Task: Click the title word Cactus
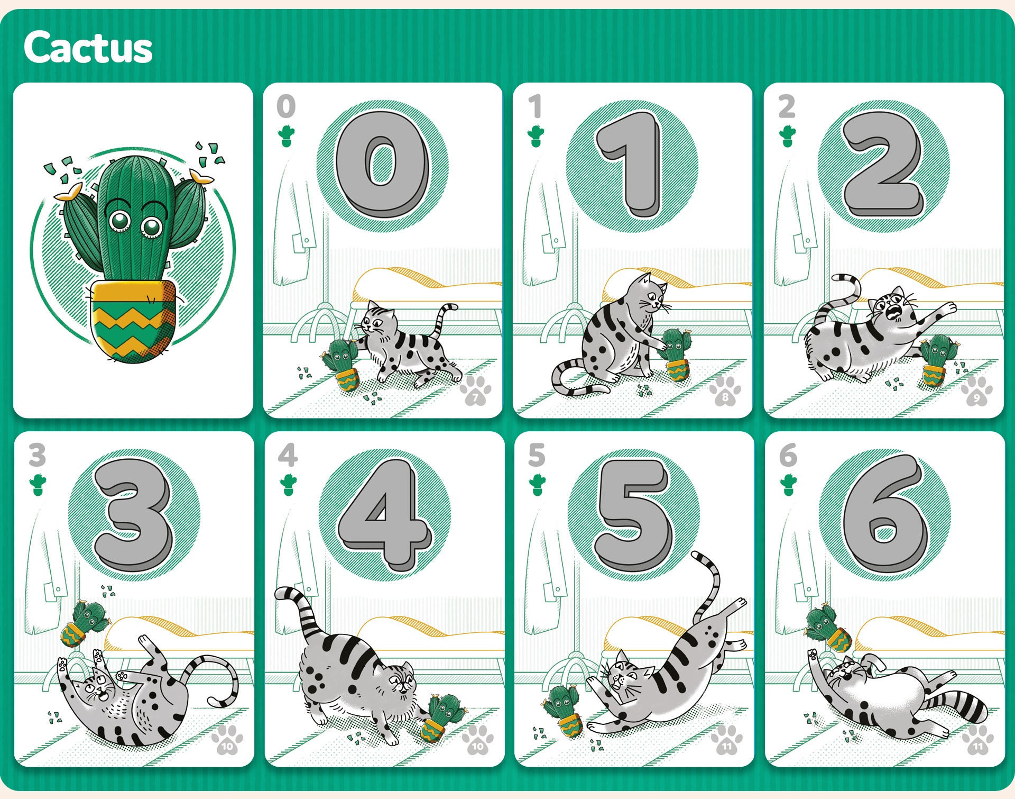tap(88, 48)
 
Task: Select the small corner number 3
tap(37, 455)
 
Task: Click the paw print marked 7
tap(476, 391)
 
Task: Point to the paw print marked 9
tap(976, 391)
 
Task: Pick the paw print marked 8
tap(725, 391)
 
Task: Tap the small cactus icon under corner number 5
tap(537, 485)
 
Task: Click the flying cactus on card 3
tap(85, 623)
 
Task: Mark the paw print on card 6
tap(978, 740)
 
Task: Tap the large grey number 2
tap(883, 164)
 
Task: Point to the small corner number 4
tap(288, 455)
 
